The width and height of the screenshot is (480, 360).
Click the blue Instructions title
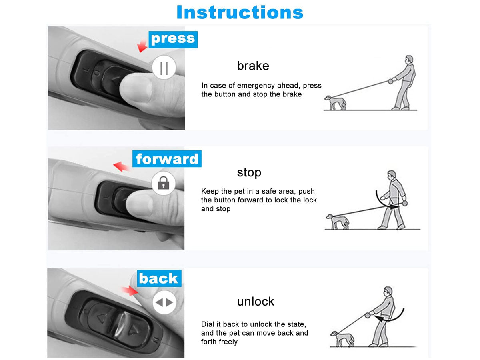tap(240, 12)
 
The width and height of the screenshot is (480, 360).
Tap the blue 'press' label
tap(173, 40)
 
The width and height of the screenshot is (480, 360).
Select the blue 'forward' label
tap(167, 159)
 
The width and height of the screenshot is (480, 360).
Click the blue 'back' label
tap(159, 278)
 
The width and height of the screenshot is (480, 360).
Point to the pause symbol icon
tap(164, 68)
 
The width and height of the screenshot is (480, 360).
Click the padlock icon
tap(163, 183)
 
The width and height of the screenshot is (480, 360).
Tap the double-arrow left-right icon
tap(164, 302)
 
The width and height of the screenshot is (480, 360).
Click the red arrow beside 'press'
tap(142, 46)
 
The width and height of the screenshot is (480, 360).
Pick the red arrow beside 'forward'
tap(121, 166)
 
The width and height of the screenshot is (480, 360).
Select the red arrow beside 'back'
tap(130, 291)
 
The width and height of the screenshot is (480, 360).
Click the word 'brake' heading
tap(253, 66)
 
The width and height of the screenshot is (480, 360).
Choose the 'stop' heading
tap(249, 173)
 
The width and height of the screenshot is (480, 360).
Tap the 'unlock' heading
tap(256, 302)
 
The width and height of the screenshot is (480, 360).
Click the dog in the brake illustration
tap(335, 103)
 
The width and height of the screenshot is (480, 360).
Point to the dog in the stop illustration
tap(338, 222)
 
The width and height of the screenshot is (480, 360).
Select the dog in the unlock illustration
tap(342, 339)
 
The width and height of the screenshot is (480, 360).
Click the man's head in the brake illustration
tap(409, 60)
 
